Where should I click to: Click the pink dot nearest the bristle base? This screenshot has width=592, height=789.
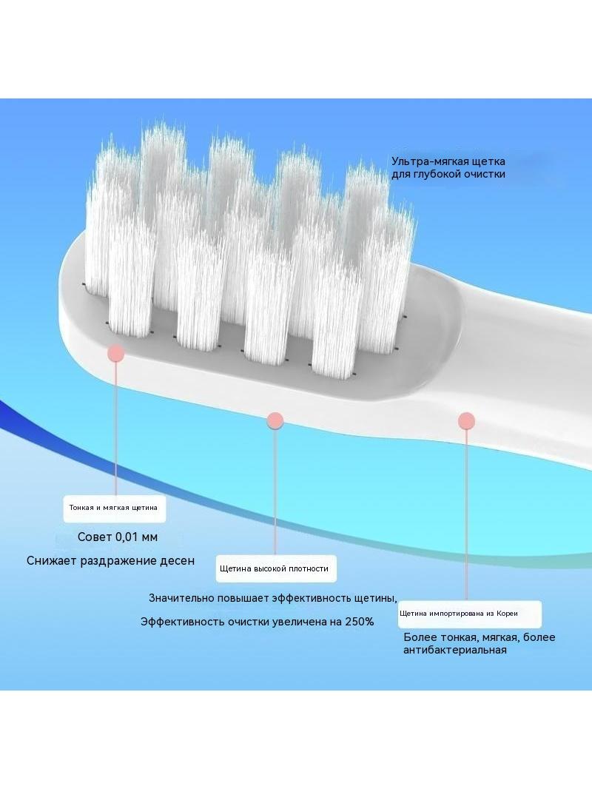(116, 353)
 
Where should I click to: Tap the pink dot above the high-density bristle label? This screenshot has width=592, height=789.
(275, 420)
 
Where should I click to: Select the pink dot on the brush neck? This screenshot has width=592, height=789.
(467, 420)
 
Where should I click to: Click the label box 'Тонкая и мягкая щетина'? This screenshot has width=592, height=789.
(114, 508)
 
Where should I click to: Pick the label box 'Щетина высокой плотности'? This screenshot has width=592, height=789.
(275, 569)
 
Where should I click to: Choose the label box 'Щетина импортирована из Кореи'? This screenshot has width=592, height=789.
(470, 614)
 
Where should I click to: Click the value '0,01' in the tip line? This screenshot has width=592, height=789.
(127, 537)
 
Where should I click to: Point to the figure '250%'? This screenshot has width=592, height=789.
(360, 622)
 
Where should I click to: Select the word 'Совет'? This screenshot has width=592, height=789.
(95, 537)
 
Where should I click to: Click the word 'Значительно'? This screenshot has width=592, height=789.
(181, 598)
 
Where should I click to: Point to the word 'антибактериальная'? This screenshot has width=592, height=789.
(454, 650)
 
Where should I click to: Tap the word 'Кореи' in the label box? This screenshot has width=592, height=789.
(507, 614)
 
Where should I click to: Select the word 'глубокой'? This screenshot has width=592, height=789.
(439, 174)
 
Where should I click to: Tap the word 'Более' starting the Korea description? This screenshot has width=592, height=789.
(420, 637)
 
